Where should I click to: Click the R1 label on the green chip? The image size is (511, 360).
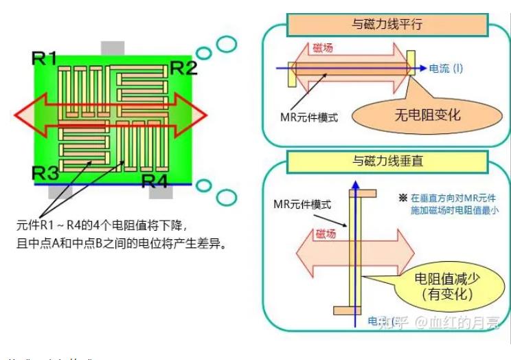[45, 59]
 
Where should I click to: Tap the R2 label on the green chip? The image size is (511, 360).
[183, 68]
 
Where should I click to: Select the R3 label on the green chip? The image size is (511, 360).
[45, 172]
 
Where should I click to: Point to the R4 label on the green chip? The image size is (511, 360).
[154, 181]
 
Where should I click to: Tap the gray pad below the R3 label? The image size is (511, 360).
[60, 192]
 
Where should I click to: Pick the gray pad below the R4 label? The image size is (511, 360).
[161, 192]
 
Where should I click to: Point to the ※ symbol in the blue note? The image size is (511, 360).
[403, 197]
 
